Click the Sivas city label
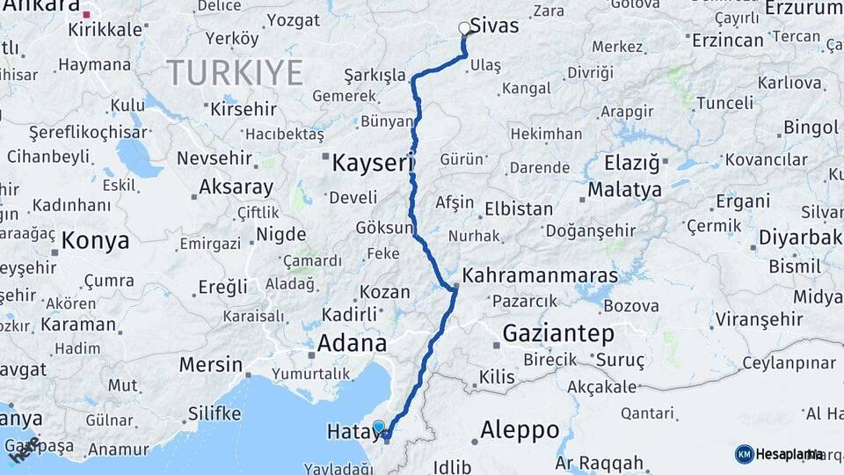pyautogui.click(x=494, y=26)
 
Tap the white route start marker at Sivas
pyautogui.click(x=465, y=29)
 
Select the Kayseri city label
pyautogui.click(x=372, y=163)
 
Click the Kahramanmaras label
pyautogui.click(x=540, y=274)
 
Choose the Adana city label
pyautogui.click(x=352, y=342)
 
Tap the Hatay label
pyautogui.click(x=351, y=431)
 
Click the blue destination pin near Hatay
pyautogui.click(x=379, y=427)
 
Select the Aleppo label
pyautogui.click(x=520, y=430)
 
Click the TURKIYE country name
pyautogui.click(x=235, y=72)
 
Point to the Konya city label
pyautogui.click(x=96, y=240)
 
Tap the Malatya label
pyautogui.click(x=624, y=189)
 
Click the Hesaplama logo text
pyautogui.click(x=789, y=454)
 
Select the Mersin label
pyautogui.click(x=210, y=364)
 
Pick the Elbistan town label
pyautogui.click(x=519, y=209)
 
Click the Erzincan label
pyautogui.click(x=727, y=40)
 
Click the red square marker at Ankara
pyautogui.click(x=86, y=14)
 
